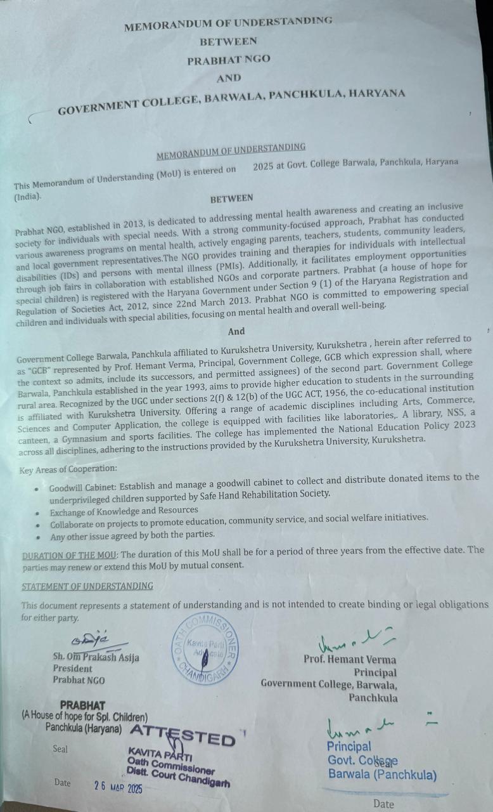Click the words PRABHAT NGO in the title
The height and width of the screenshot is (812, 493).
click(228, 60)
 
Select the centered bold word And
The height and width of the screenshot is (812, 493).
click(236, 331)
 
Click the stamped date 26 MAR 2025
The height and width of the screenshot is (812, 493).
click(118, 787)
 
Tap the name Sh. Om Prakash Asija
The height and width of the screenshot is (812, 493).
click(96, 657)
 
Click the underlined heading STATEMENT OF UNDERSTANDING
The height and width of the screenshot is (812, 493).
click(87, 586)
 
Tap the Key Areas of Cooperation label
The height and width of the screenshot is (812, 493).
click(68, 470)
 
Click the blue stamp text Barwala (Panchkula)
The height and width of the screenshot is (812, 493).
click(381, 774)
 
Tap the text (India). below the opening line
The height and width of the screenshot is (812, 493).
click(28, 197)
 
